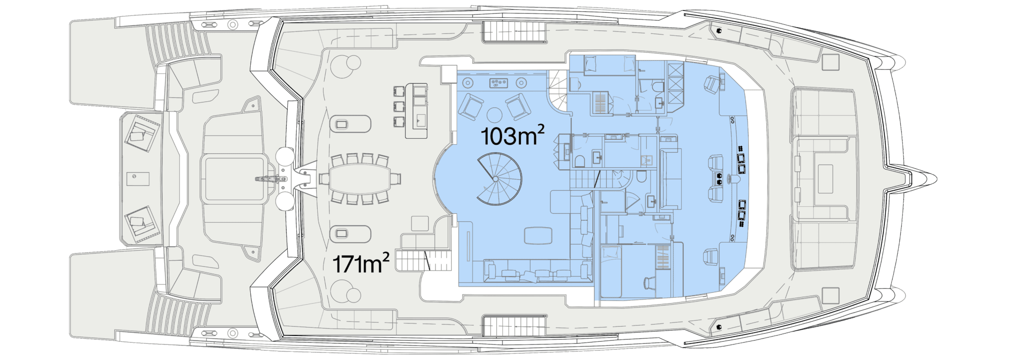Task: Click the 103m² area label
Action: click(x=512, y=135)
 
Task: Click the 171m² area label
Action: click(x=361, y=264)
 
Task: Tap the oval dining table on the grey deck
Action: click(x=360, y=178)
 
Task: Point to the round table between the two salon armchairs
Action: click(x=495, y=115)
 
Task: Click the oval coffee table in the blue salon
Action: click(x=538, y=235)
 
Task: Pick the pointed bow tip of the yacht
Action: click(x=936, y=178)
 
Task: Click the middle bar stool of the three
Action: click(x=399, y=106)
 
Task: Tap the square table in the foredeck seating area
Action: click(x=825, y=179)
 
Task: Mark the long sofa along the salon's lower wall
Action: click(x=538, y=271)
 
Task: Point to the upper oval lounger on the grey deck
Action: click(x=350, y=124)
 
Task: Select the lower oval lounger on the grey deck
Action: click(x=350, y=234)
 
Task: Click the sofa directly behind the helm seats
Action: click(x=670, y=179)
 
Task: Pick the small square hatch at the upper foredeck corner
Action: click(x=830, y=62)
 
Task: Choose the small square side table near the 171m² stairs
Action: click(x=420, y=224)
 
